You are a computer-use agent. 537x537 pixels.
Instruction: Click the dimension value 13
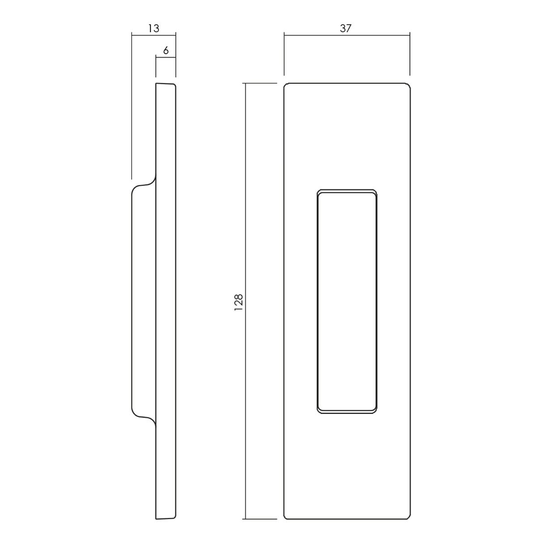[x=153, y=28]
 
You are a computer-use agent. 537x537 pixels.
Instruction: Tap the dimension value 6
[x=166, y=51]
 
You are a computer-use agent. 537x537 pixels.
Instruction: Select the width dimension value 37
[x=345, y=28]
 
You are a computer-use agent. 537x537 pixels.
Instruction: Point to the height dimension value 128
[x=239, y=303]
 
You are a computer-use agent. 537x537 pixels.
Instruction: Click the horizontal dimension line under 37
[x=347, y=35]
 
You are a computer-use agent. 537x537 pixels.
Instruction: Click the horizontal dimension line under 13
[x=153, y=35]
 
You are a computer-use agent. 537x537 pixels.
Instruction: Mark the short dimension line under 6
[x=166, y=57]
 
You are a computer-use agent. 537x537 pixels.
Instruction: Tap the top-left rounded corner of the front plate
[x=286, y=85]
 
